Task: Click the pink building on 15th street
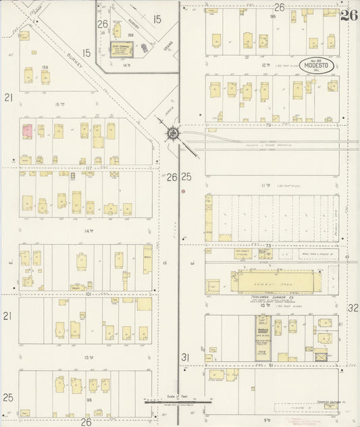coord(28,131)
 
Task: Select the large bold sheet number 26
coord(349,16)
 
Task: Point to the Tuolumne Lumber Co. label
coord(259,295)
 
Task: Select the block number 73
coord(267,245)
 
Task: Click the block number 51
coord(272,366)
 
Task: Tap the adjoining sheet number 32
coord(353,307)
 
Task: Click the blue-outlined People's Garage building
coord(263,334)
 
